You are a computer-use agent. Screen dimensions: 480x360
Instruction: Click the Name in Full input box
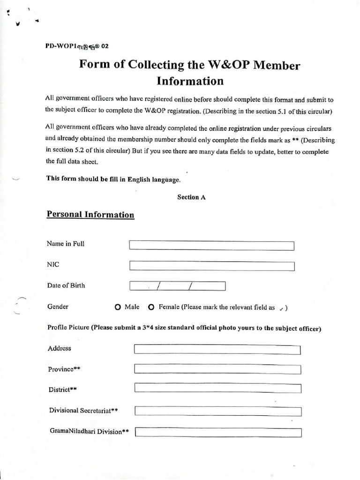pos(211,246)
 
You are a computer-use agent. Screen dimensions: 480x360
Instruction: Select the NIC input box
pos(211,266)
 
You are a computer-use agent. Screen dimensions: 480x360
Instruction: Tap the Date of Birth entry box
pos(177,286)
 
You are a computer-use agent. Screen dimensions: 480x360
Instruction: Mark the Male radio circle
pos(118,307)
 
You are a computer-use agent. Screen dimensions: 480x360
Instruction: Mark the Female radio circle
pos(151,307)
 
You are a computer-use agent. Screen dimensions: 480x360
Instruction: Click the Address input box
pos(217,350)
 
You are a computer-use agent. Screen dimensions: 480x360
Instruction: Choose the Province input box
pos(217,369)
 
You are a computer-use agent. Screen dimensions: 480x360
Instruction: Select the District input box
pos(217,388)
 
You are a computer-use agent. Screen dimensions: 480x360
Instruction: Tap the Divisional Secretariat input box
pos(217,411)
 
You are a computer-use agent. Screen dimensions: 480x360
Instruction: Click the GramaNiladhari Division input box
pos(218,432)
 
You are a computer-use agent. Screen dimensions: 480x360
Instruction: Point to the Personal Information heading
pos(90,215)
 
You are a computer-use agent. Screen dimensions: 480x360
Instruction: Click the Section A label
pos(191,197)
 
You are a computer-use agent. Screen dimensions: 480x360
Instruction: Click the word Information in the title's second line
pos(190,81)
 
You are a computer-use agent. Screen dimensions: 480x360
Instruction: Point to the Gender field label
pos(58,307)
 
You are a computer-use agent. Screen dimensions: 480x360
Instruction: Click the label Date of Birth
pos(66,285)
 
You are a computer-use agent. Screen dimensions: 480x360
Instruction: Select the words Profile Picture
pos(68,328)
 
